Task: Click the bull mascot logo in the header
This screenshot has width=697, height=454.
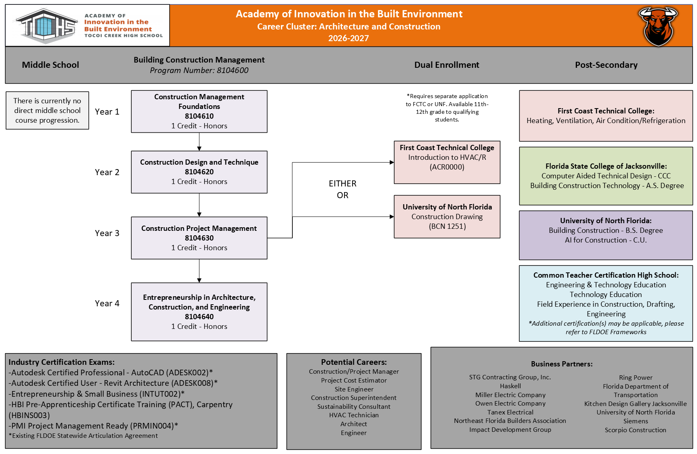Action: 658,26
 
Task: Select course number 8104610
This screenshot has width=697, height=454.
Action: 199,116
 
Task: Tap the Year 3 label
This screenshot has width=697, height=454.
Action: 107,233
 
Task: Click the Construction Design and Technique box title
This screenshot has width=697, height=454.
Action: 199,162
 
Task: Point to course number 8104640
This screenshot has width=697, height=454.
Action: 199,317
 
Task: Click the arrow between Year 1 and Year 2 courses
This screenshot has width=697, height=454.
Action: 199,142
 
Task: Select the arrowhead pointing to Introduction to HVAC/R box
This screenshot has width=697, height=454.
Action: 392,162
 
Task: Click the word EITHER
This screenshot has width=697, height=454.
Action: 342,184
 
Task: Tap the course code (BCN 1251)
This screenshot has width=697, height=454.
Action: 447,226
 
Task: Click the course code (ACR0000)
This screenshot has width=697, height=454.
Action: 447,167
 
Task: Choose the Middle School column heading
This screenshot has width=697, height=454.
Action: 50,65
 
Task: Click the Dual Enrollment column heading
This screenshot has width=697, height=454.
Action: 447,65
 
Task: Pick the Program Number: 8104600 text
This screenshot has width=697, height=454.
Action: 199,70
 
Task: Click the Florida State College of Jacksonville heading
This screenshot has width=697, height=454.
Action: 606,166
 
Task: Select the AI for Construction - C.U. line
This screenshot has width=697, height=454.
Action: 606,240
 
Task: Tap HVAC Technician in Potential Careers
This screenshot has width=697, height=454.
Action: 354,415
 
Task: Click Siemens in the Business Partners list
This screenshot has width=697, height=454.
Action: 636,421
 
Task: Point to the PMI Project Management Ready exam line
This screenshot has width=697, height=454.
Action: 93,426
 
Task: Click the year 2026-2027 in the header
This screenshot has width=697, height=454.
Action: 348,38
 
